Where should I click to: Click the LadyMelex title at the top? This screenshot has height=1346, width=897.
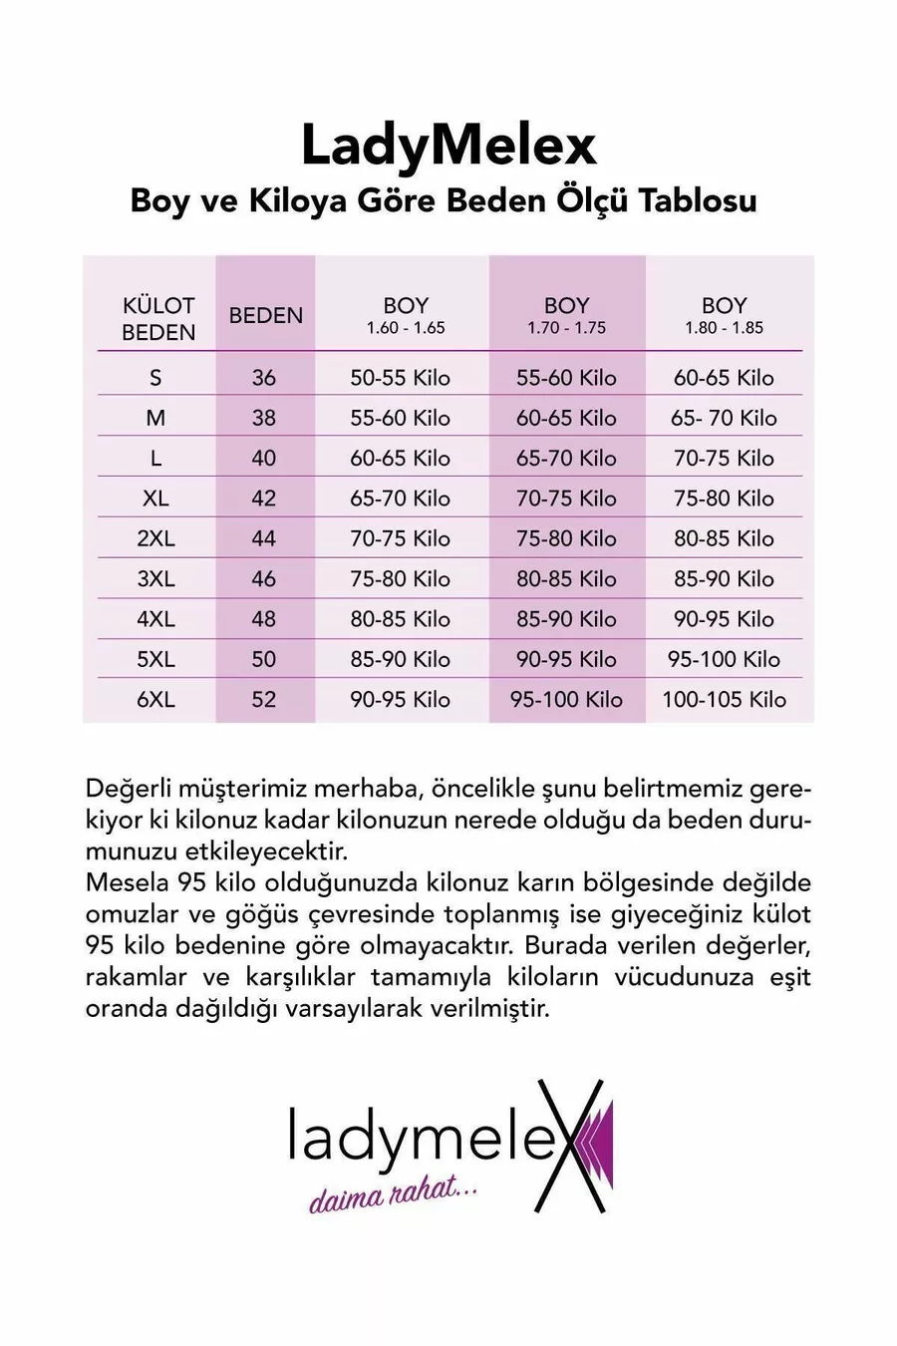point(448,146)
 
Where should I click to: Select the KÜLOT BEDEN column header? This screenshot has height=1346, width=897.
point(157,318)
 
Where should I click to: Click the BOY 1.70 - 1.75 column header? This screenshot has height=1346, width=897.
point(566,314)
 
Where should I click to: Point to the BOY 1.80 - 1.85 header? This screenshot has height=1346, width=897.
point(724,314)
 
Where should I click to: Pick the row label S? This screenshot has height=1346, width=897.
point(155,378)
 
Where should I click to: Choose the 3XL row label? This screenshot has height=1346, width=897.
point(155,579)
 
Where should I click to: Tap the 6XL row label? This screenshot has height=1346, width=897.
point(155,700)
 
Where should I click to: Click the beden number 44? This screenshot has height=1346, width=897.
point(264,538)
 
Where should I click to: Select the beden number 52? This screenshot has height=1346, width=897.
point(264,700)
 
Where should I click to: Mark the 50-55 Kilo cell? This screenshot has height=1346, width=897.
point(400,378)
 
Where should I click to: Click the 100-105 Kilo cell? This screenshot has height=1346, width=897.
point(724,700)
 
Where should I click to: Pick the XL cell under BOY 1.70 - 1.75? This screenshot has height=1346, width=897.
point(566,499)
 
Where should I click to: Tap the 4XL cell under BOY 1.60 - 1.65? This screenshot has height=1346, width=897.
point(400,619)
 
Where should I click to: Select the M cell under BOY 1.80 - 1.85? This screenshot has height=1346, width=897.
point(724,418)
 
